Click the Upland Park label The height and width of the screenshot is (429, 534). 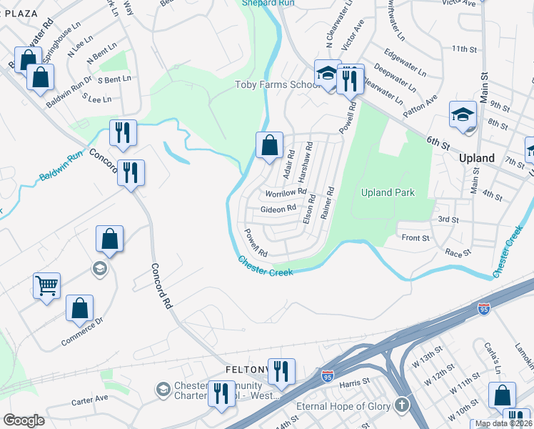[x=388, y=192]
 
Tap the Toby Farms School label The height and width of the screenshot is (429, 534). [x=278, y=85]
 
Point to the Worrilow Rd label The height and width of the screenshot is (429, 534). [x=286, y=193]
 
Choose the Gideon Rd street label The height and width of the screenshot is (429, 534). [x=278, y=209]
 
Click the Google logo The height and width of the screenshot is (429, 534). [x=24, y=420]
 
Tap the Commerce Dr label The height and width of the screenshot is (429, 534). [x=82, y=332]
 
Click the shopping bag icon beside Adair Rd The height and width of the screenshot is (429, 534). [x=269, y=147]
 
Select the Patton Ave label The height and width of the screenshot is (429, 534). [x=420, y=102]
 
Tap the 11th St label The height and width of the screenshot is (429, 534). [x=463, y=49]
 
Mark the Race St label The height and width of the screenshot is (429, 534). [x=458, y=252]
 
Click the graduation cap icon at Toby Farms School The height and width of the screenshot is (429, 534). [x=328, y=75]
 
